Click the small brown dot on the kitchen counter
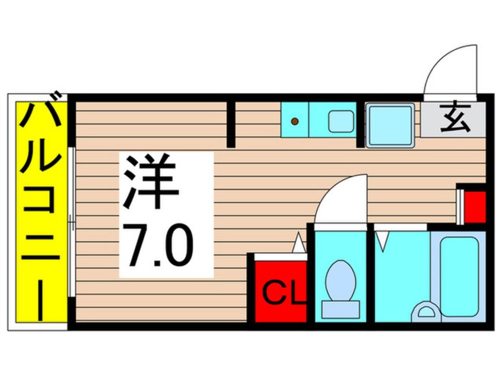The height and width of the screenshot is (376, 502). pos(295,122)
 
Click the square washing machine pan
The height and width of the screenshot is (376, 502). pos(389,125)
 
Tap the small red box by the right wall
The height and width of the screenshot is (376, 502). pos(475,205)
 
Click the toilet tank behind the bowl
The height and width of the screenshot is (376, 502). pos(341,308)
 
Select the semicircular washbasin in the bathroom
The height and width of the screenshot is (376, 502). pos(426,311)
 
